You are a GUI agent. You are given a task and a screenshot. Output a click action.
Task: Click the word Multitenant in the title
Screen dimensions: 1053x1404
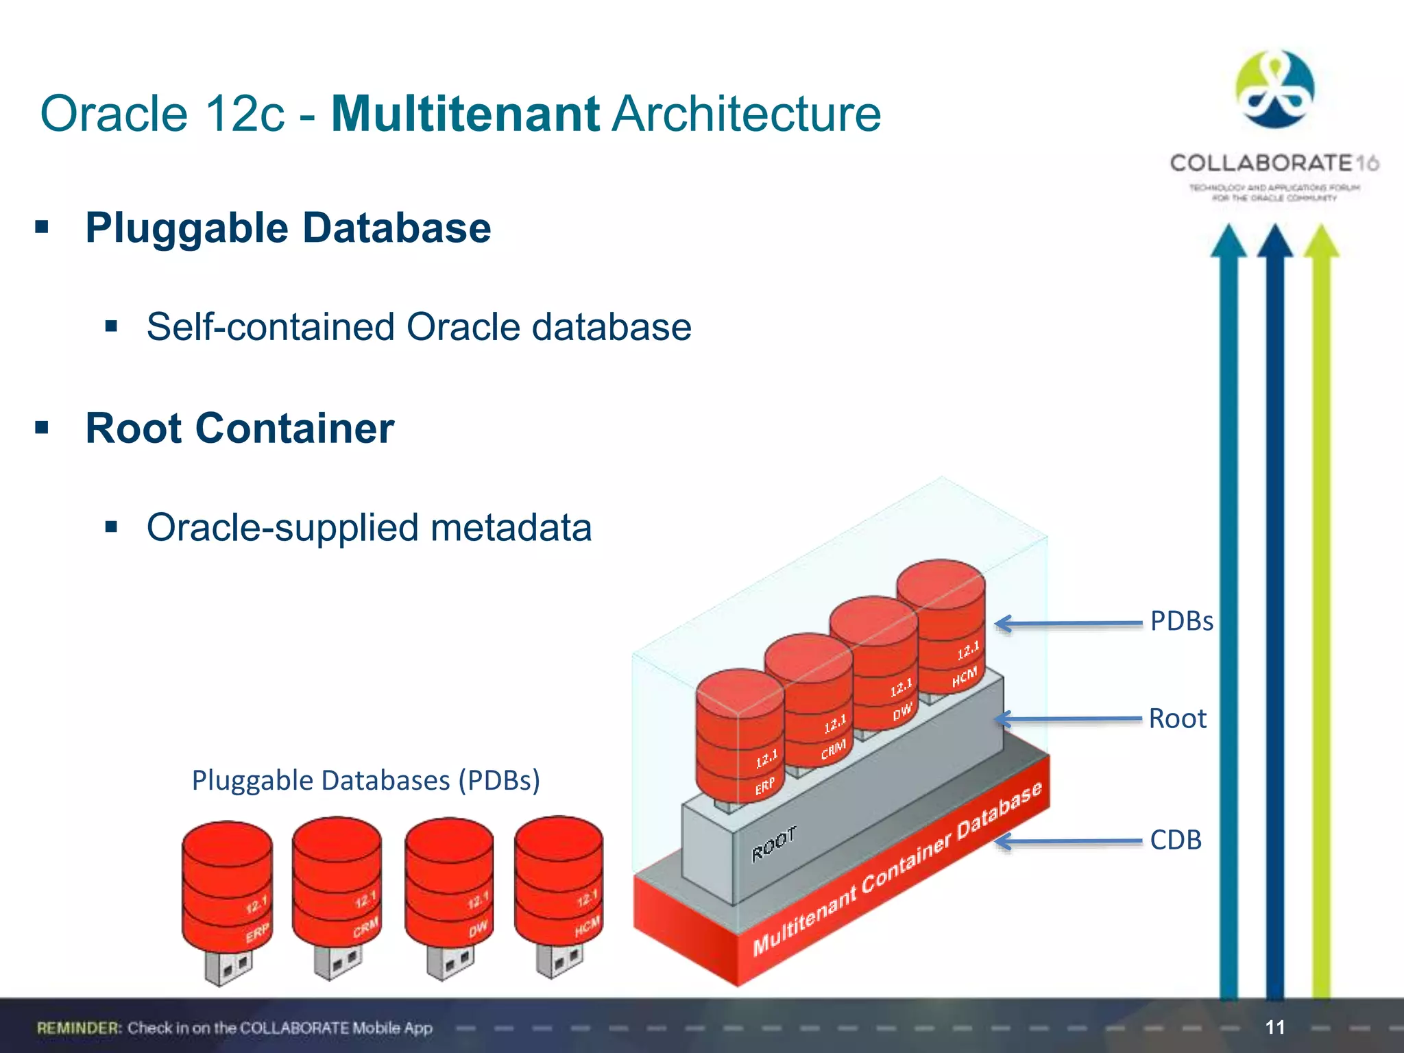click(465, 113)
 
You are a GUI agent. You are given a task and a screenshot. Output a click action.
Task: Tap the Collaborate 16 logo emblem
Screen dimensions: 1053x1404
click(1274, 90)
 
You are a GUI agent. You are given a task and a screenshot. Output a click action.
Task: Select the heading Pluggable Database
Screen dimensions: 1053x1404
click(288, 228)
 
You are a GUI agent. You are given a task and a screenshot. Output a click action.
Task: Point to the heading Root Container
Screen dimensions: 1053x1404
click(239, 428)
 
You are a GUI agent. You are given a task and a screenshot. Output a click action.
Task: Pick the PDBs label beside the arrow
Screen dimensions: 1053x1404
click(1181, 621)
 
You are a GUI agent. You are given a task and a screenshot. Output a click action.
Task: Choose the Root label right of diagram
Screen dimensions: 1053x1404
click(1177, 718)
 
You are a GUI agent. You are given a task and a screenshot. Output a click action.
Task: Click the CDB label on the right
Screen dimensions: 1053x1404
click(1176, 840)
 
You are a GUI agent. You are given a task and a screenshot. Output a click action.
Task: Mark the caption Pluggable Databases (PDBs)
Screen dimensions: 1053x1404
click(366, 780)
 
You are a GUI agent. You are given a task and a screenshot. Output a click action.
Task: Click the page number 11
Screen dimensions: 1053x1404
click(1274, 1027)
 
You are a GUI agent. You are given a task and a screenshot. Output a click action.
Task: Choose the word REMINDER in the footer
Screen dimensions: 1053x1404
click(79, 1028)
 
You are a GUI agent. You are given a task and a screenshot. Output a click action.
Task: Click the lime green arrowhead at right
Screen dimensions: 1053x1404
click(1321, 242)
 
